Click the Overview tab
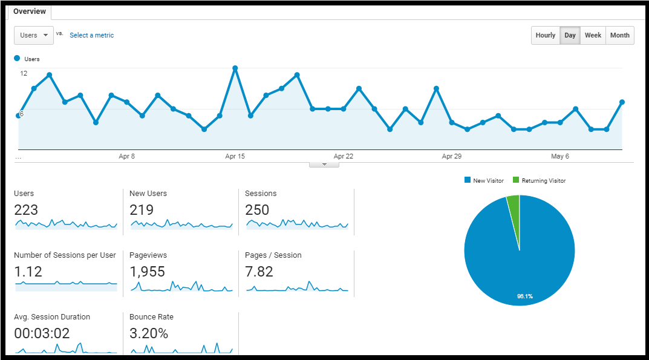29,11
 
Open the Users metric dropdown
33,35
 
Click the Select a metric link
91,35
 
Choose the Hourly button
545,35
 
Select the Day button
570,35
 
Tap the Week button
593,35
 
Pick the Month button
619,35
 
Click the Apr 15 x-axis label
235,156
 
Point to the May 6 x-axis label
560,156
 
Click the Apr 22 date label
343,156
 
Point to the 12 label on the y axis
24,73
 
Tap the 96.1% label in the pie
524,296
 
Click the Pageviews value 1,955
147,272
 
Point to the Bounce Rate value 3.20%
149,333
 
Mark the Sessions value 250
256,210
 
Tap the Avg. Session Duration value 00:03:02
42,333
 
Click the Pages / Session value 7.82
259,272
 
